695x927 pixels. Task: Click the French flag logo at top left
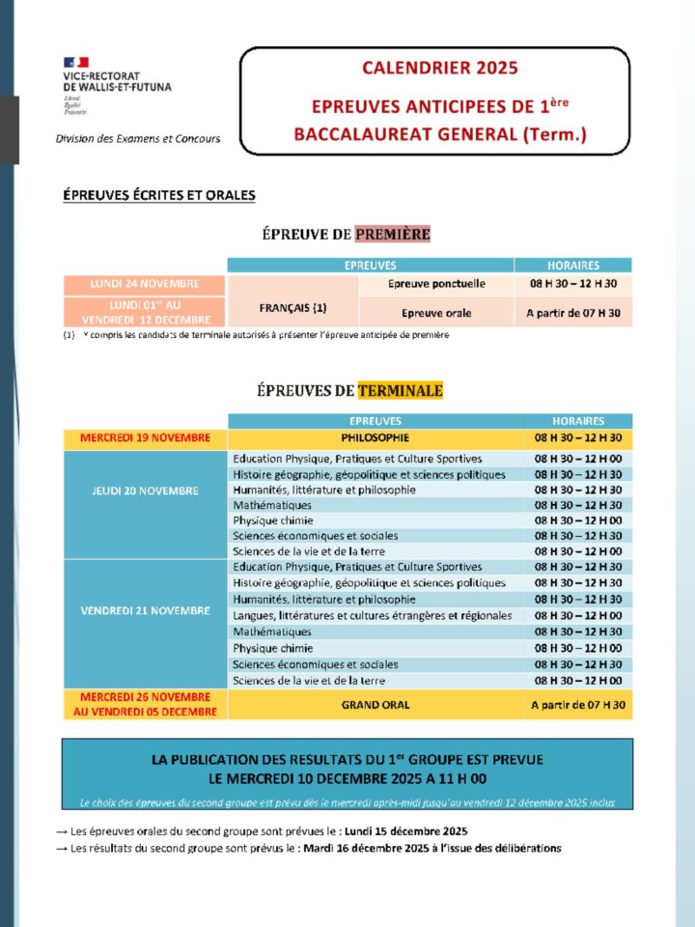[x=75, y=63]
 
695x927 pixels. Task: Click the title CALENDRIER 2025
[x=440, y=68]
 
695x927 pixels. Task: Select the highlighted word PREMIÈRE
[x=392, y=234]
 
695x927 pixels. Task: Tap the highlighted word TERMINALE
[x=400, y=391]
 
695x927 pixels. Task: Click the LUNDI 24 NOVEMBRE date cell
[x=145, y=284]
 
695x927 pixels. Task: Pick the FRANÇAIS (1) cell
[x=292, y=308]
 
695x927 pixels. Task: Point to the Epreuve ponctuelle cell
[x=436, y=284]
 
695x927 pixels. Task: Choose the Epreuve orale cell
[x=436, y=313]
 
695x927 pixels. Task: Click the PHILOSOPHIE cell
[x=375, y=438]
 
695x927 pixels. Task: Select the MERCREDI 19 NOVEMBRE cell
[x=145, y=438]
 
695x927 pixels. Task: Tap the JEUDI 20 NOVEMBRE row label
[x=145, y=490]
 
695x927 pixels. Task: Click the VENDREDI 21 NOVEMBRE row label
[x=145, y=610]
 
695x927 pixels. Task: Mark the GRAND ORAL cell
[x=375, y=705]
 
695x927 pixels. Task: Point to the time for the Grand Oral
[x=578, y=705]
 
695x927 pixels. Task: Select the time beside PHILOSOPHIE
[x=578, y=438]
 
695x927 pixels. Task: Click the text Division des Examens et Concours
[x=138, y=138]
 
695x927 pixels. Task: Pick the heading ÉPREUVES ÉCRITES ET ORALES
[x=159, y=195]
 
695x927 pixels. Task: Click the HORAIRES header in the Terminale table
[x=578, y=421]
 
